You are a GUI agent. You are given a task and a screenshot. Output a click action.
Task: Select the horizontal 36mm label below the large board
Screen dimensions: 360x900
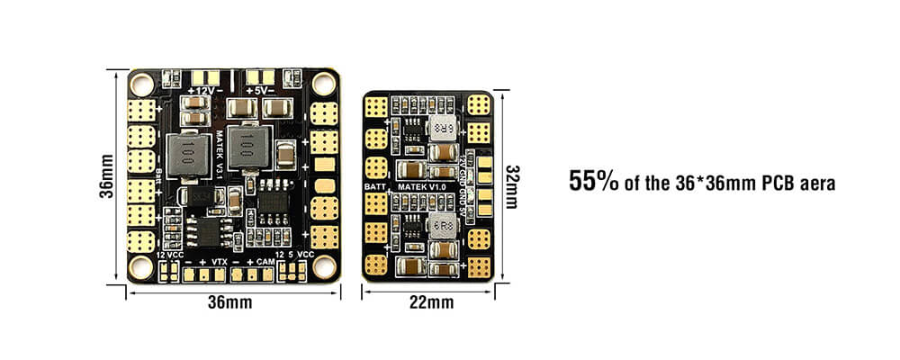point(229,302)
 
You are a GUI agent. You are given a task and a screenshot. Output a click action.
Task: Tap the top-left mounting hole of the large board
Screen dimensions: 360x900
point(141,85)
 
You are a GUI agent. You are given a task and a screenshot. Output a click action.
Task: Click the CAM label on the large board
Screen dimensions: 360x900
point(265,260)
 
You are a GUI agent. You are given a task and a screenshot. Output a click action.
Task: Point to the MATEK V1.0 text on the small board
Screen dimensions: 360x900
point(422,186)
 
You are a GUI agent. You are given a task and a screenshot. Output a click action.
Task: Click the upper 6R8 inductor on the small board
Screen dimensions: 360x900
point(441,128)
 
